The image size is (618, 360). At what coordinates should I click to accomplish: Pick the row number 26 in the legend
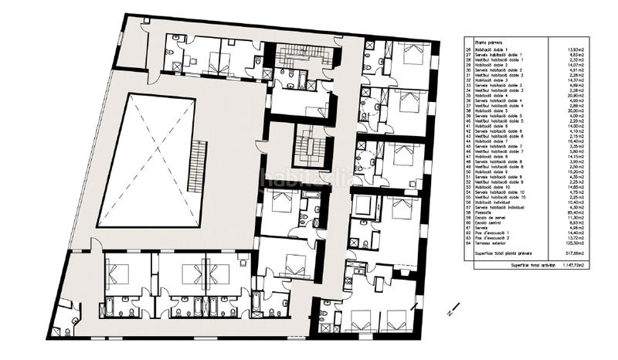468,51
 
